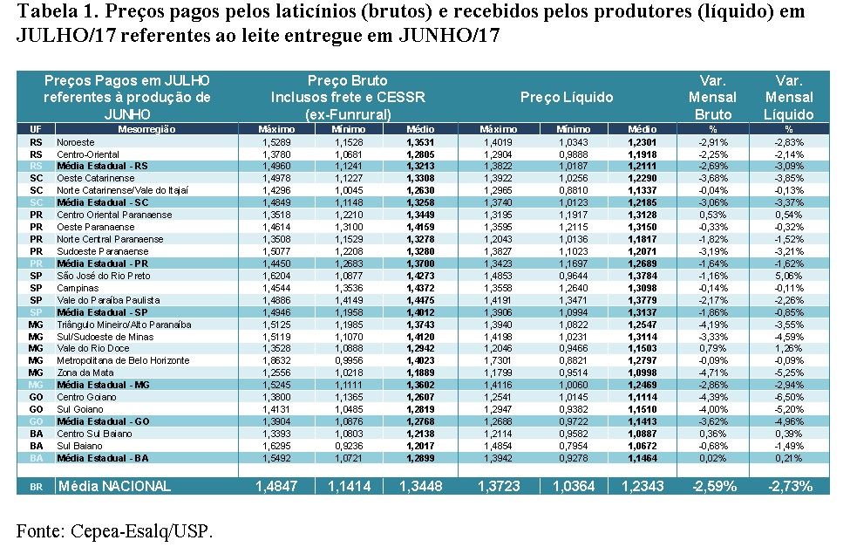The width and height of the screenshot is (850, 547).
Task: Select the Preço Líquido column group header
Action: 567,98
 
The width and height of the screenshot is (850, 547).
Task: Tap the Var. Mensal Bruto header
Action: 712,98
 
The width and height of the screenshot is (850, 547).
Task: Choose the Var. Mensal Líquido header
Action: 788,98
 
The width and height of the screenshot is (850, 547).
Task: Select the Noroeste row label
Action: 77,141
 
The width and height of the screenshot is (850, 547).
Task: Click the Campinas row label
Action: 78,288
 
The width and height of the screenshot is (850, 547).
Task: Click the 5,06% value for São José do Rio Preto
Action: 788,276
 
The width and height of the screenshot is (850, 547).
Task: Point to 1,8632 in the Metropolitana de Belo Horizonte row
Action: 276,360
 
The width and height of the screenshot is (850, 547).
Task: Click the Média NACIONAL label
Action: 114,486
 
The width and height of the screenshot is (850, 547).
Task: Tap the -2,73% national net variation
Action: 788,486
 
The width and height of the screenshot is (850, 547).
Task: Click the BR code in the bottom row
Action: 36,487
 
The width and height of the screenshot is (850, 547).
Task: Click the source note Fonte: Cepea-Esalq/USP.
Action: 114,530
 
